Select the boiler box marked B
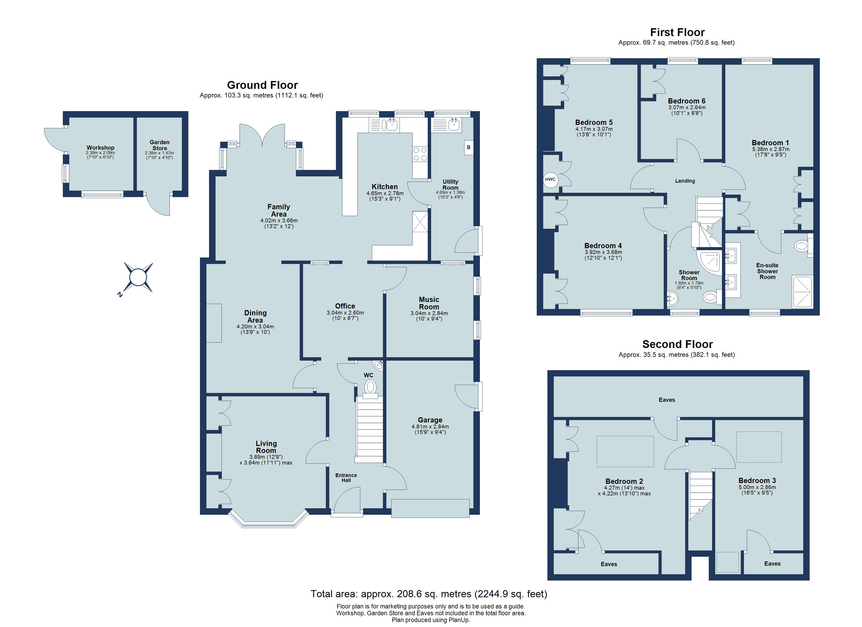click(x=468, y=148)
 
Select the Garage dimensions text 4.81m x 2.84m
click(x=430, y=427)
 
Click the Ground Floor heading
click(x=262, y=85)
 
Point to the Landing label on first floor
click(x=685, y=181)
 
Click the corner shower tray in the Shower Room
click(x=710, y=262)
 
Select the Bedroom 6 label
click(x=686, y=101)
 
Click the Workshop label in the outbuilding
click(x=100, y=148)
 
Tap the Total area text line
click(x=429, y=594)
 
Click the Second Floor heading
click(x=677, y=344)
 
